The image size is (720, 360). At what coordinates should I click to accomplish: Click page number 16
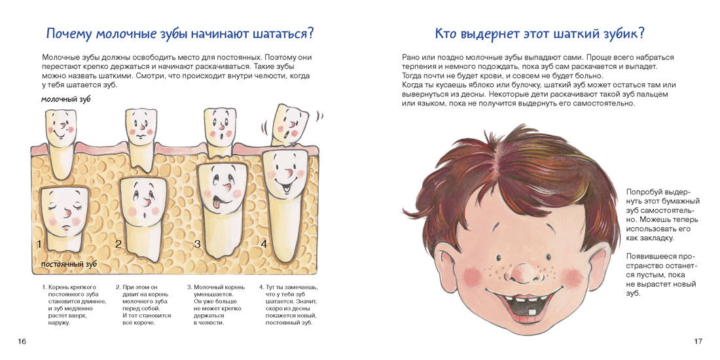pyautogui.click(x=22, y=341)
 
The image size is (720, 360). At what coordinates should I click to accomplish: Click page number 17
pyautogui.click(x=698, y=341)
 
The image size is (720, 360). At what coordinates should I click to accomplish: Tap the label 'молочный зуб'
pyautogui.click(x=65, y=99)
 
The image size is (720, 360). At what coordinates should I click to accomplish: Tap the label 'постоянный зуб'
pyautogui.click(x=69, y=265)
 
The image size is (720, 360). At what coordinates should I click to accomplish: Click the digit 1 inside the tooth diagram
pyautogui.click(x=40, y=244)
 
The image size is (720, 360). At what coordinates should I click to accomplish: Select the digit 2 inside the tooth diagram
pyautogui.click(x=118, y=244)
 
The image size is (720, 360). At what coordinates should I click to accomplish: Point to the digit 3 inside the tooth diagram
pyautogui.click(x=198, y=244)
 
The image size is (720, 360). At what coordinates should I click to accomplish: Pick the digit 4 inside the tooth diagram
pyautogui.click(x=264, y=244)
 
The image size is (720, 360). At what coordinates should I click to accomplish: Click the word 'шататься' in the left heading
pyautogui.click(x=279, y=34)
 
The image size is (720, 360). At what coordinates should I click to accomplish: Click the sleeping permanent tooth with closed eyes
pyautogui.click(x=64, y=221)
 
